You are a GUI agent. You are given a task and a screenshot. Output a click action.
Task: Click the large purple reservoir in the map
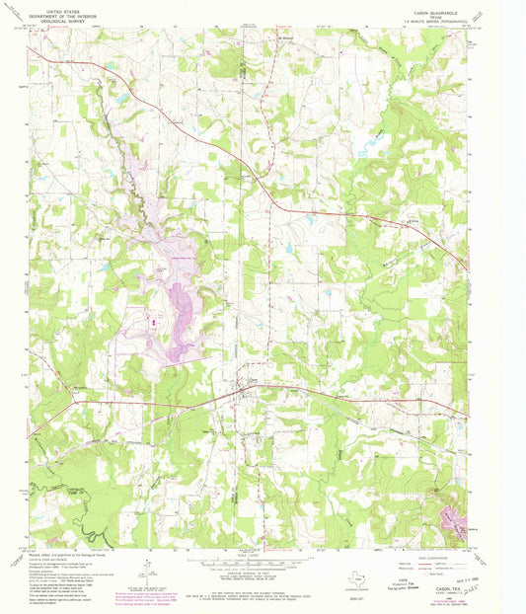(180, 318)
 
